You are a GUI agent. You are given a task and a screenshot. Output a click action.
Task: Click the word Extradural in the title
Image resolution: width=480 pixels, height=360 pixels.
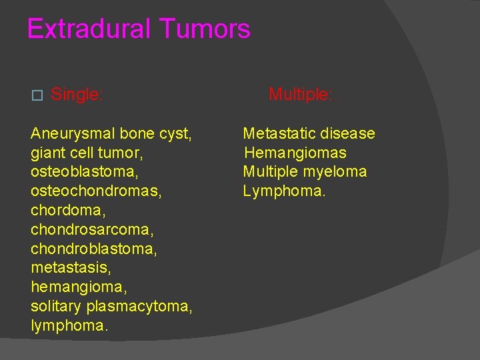click(x=89, y=29)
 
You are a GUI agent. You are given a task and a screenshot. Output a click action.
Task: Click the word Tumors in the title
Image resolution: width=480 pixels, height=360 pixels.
click(x=205, y=29)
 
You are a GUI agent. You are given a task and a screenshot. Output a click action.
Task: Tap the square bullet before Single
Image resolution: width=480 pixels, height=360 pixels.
click(x=37, y=95)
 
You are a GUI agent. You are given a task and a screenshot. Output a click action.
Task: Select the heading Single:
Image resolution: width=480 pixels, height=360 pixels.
click(x=77, y=95)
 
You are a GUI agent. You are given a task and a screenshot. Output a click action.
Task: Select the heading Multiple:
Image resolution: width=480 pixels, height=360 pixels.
click(x=300, y=95)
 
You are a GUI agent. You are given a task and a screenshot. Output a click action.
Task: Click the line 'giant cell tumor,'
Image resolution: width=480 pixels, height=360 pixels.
click(x=87, y=153)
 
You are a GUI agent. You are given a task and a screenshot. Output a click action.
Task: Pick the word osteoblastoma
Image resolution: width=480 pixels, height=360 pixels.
click(x=83, y=172)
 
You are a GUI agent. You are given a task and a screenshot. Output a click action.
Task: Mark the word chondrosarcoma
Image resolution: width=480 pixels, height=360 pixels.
click(x=91, y=230)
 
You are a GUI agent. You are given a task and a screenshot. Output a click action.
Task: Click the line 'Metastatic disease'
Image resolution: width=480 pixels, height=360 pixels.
click(x=309, y=134)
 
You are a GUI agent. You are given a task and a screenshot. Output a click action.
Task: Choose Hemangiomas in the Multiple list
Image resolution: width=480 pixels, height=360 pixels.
click(x=295, y=153)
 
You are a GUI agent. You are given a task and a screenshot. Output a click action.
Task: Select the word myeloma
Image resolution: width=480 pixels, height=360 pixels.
click(x=335, y=172)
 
